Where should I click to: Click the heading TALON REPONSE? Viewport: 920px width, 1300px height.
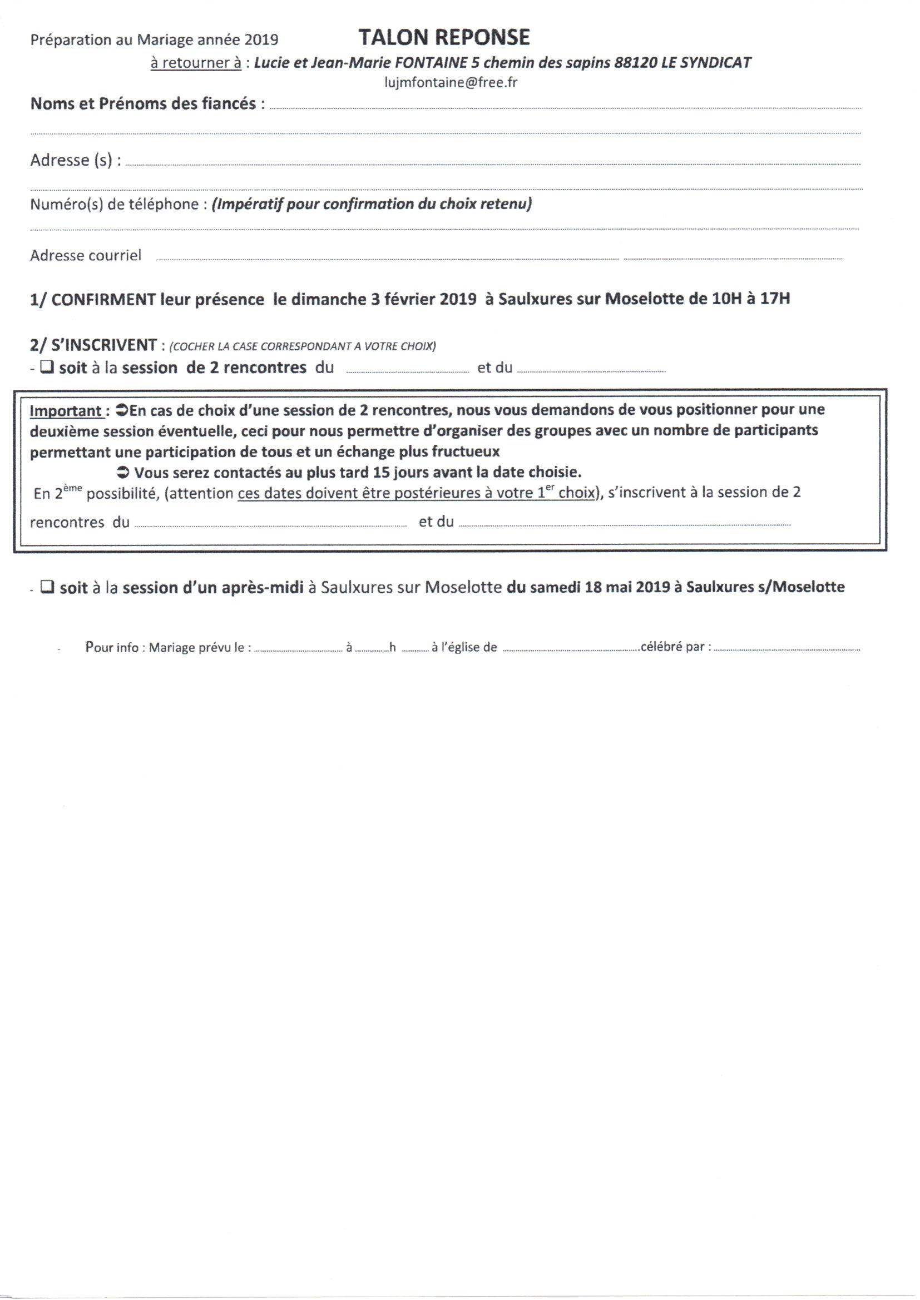[444, 37]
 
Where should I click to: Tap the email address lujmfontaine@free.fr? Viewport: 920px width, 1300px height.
[451, 82]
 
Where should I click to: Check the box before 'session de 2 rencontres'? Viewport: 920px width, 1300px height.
[47, 367]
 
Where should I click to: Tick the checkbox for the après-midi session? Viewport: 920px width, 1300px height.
[48, 587]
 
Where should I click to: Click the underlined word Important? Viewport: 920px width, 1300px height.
[66, 410]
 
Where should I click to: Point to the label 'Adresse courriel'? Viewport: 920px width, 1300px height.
[86, 255]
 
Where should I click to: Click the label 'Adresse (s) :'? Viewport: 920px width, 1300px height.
[75, 160]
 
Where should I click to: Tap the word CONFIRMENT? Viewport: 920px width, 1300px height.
[103, 299]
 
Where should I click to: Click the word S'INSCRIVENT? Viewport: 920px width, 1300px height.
[103, 345]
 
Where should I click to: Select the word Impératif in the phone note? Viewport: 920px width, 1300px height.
[248, 204]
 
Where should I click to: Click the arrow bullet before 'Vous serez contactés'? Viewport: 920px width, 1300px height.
[122, 472]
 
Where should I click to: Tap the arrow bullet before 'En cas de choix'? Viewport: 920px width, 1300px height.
[121, 409]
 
